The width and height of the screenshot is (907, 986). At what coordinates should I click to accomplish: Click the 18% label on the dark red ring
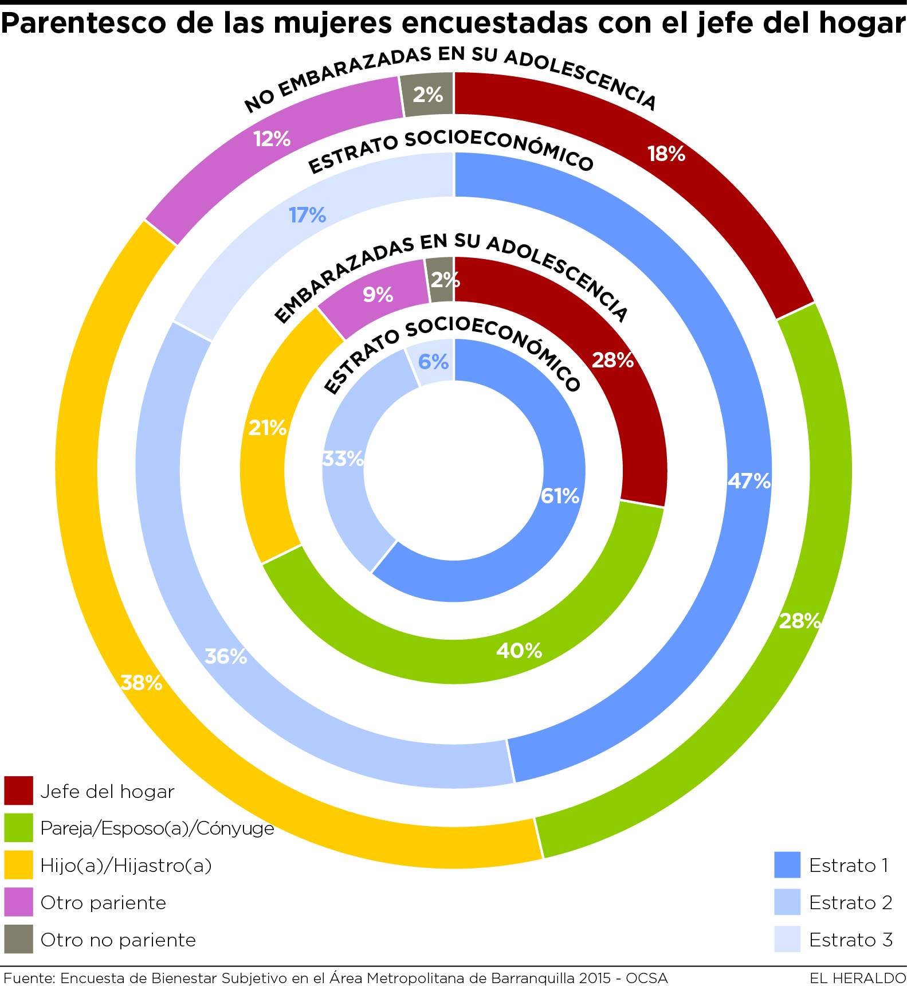[666, 154]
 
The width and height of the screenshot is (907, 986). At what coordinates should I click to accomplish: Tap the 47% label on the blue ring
[749, 481]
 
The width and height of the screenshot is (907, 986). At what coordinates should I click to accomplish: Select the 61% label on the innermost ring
[560, 496]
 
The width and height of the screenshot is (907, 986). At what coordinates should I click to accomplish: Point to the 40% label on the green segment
[519, 651]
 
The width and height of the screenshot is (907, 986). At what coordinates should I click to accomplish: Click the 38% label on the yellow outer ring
[141, 683]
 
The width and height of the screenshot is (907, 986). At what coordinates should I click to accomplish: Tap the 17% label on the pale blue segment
[307, 216]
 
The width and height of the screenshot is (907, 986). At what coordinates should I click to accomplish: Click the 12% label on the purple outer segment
[272, 139]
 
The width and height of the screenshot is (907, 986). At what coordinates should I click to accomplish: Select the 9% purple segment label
[378, 295]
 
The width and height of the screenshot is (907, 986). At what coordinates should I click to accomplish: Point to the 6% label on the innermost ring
[433, 362]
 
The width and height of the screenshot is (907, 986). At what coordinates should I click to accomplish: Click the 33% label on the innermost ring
[343, 459]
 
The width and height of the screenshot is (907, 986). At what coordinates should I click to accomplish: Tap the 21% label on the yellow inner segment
[267, 428]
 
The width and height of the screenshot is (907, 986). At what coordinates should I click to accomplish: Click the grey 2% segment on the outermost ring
[427, 95]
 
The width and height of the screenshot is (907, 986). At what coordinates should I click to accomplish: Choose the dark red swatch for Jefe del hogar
[18, 791]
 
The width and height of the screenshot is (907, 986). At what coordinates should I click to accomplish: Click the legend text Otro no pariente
[118, 940]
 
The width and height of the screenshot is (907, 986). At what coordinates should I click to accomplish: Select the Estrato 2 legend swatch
[787, 902]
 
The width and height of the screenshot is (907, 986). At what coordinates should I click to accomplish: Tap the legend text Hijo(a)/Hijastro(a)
[126, 865]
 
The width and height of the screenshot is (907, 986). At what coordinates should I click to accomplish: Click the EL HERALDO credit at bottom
[857, 978]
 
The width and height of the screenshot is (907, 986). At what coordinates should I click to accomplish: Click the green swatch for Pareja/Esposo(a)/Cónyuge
[18, 828]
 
